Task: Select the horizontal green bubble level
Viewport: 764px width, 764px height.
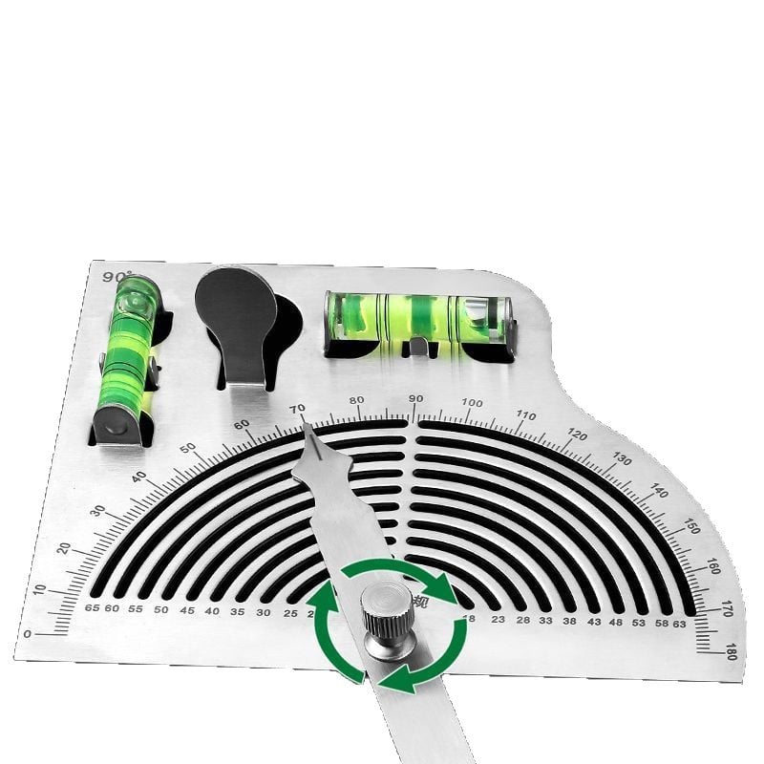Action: click(x=420, y=320)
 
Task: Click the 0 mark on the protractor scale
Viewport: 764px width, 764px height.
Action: click(x=27, y=633)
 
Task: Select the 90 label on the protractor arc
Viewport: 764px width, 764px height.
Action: click(x=415, y=399)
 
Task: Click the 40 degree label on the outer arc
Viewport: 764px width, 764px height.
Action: click(x=140, y=477)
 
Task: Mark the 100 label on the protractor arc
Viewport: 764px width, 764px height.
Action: click(x=472, y=403)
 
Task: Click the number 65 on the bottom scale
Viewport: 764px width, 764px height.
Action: click(x=92, y=608)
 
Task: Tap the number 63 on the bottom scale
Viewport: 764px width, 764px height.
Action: click(x=678, y=623)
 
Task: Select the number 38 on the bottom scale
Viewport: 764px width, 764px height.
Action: click(x=569, y=620)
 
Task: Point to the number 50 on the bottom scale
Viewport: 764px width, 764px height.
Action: click(x=160, y=609)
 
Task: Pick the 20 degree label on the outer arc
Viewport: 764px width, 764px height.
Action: click(x=64, y=548)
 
